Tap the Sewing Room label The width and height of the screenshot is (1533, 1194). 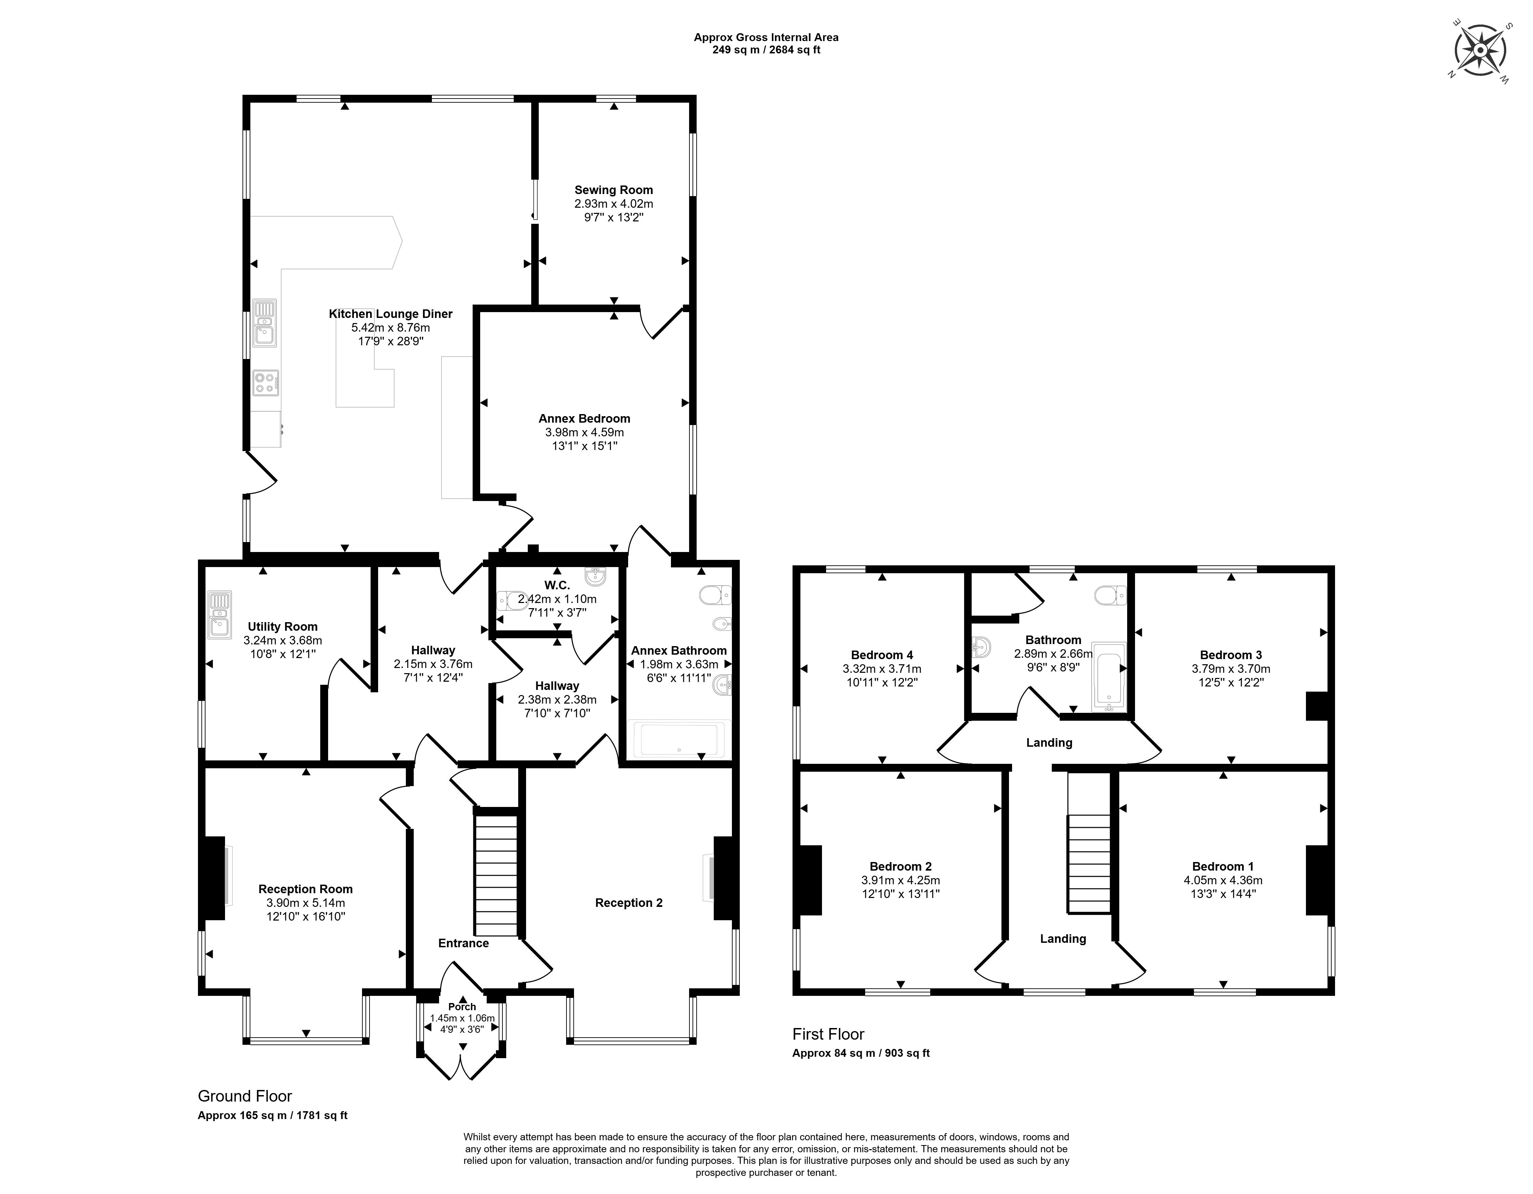point(613,190)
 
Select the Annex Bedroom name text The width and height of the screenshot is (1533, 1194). point(584,419)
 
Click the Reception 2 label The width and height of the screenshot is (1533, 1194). point(628,903)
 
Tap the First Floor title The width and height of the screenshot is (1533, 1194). point(828,1034)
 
